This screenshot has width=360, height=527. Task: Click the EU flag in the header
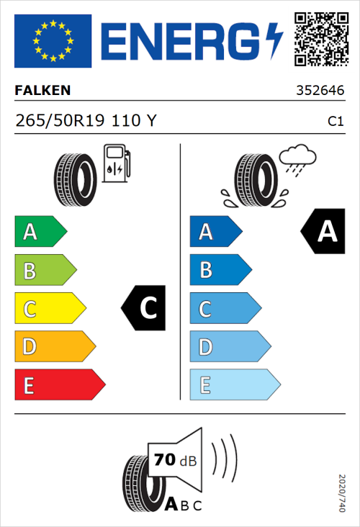pos(53,41)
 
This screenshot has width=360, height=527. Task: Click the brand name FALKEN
pos(42,91)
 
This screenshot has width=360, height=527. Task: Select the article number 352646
pos(320,91)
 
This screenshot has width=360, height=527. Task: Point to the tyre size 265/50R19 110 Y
pos(86,121)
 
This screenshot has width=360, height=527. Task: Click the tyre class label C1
pos(335,122)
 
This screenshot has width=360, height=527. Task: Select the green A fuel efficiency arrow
pos(40,232)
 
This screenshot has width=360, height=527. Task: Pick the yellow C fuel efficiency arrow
pos(49,309)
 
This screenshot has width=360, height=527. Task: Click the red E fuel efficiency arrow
pos(59,385)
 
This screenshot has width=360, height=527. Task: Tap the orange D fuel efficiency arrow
pos(54,347)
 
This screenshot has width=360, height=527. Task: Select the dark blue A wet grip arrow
pos(215,232)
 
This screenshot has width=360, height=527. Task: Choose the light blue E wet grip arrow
pos(234,385)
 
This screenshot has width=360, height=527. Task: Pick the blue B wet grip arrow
pos(220,270)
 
